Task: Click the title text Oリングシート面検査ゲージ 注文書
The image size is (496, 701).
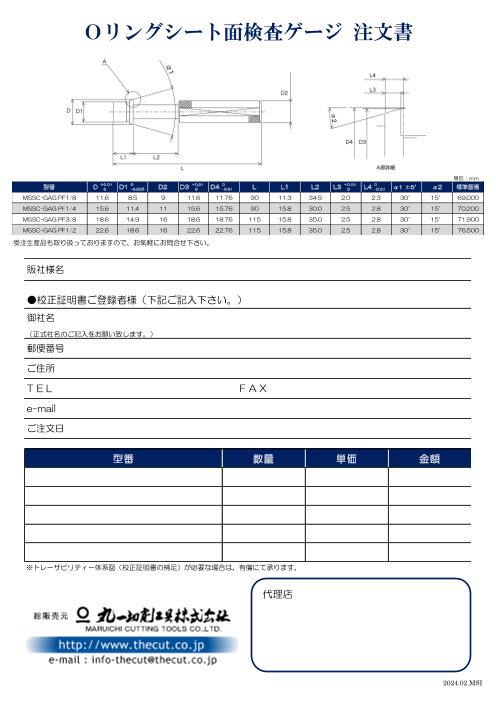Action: pos(248,34)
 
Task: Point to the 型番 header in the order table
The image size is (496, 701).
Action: pos(123,459)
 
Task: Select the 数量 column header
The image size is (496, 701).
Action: pos(263,459)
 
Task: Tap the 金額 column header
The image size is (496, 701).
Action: pos(429,459)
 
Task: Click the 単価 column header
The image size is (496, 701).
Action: pos(346,459)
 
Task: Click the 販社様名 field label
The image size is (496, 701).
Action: pos(45,271)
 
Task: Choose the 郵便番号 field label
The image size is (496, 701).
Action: pos(45,349)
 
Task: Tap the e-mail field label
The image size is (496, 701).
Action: pos(41,408)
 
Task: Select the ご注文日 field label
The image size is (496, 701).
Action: pos(45,428)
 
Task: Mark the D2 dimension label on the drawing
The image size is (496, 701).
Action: pos(284,93)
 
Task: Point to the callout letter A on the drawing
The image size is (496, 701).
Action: pos(105,62)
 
